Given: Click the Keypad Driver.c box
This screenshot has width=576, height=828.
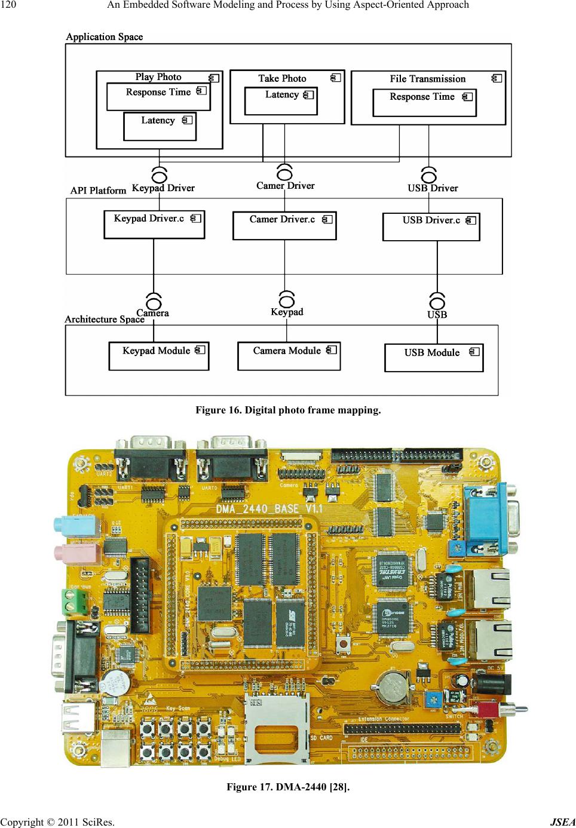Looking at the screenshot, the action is coord(154,225).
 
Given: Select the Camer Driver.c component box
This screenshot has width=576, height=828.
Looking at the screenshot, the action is coord(284,226).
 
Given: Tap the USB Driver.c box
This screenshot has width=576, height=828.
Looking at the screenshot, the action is coord(431,227).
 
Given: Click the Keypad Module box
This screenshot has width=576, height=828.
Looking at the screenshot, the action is coord(158,356).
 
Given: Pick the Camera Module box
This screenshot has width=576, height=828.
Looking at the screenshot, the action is coord(289,356).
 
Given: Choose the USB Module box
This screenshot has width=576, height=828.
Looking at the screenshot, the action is coord(433,358).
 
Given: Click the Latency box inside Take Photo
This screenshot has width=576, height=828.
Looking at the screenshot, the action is coord(281,101).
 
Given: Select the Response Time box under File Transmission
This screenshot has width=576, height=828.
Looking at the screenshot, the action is coord(424,103).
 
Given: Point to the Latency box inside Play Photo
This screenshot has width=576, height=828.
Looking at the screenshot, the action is coord(159,127).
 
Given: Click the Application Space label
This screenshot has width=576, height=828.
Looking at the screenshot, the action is coord(104,37).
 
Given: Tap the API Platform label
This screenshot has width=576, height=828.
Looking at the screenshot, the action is coord(98,191).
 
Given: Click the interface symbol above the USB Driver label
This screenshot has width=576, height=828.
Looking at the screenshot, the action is coord(429,175).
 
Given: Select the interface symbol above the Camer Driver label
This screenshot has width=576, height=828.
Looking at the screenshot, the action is coord(285,172).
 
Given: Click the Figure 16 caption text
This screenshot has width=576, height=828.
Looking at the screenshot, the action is coord(288,410).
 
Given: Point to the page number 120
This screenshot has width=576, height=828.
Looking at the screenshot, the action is coord(9,5).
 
